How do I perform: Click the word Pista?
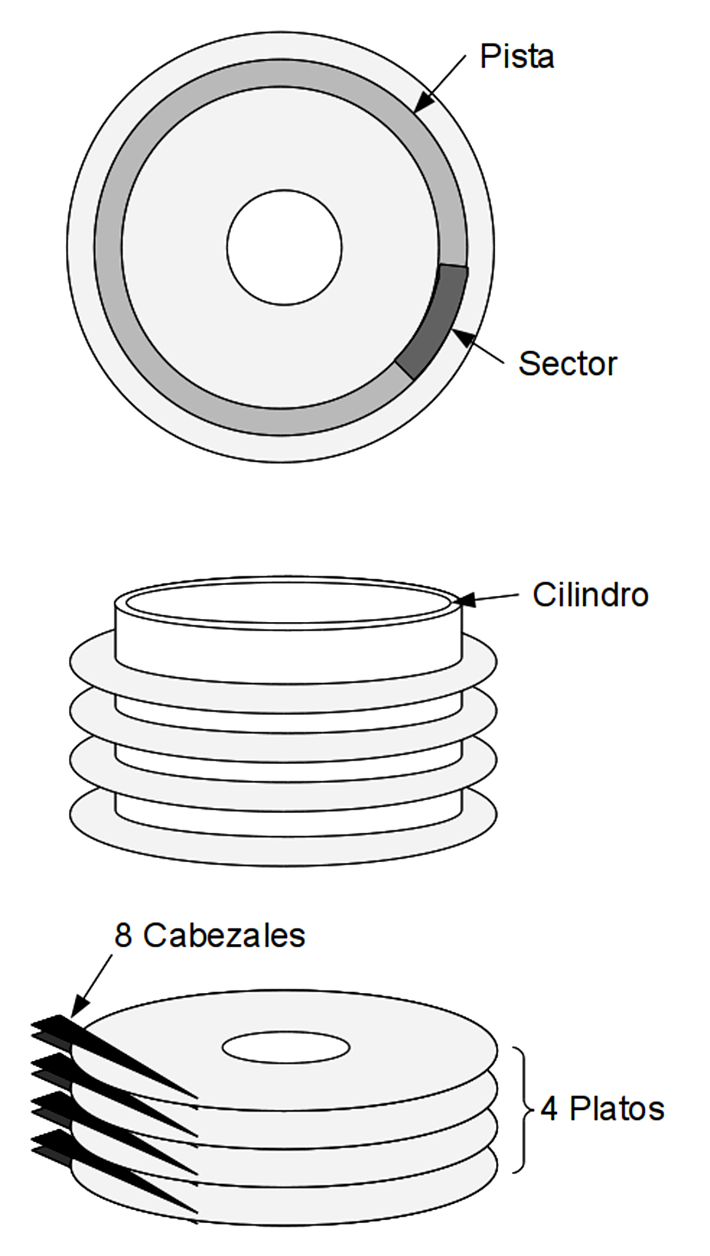click(517, 56)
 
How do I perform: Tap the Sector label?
click(568, 364)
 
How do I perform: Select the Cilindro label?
click(590, 595)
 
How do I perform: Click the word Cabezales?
click(224, 936)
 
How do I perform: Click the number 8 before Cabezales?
click(123, 936)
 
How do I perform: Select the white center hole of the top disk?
click(284, 247)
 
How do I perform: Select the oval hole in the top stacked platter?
click(286, 1047)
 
